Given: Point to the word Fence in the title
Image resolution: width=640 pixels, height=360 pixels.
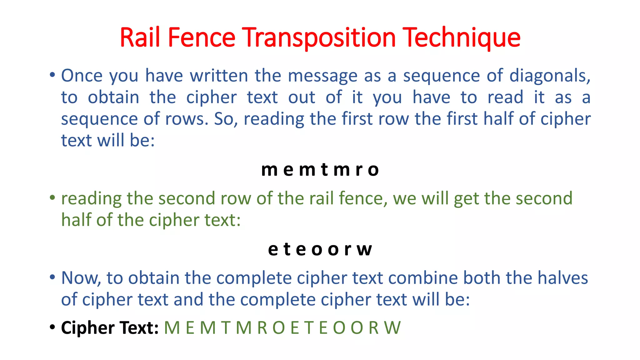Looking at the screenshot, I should [201, 37].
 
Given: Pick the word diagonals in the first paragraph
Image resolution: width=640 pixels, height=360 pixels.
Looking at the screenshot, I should [550, 76].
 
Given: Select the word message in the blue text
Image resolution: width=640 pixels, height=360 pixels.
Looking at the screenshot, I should [322, 76].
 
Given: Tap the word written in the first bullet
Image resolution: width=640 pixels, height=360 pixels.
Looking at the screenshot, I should [219, 76].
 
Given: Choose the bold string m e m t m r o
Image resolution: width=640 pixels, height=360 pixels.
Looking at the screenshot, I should [320, 170].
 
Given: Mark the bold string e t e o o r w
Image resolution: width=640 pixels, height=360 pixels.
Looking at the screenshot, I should [320, 249].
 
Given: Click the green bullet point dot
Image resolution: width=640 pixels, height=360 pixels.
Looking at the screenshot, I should [52, 197].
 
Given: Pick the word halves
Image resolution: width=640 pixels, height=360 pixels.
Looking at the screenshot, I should [562, 278].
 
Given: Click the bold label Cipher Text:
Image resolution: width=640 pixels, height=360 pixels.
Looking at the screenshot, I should [110, 328].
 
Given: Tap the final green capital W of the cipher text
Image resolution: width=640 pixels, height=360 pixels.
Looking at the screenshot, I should [392, 328].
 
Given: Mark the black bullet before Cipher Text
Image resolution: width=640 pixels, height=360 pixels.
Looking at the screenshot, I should [52, 327].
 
